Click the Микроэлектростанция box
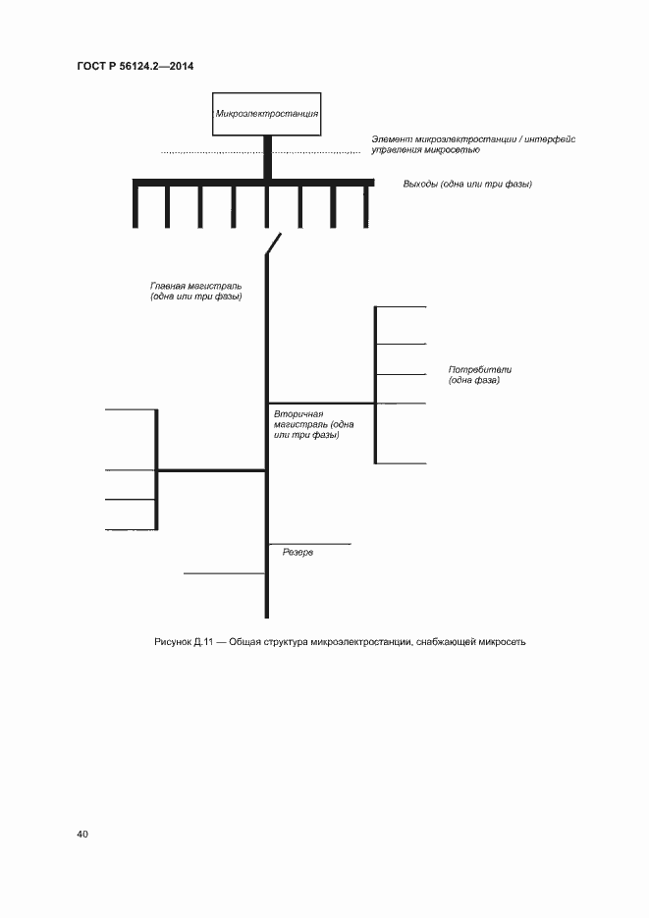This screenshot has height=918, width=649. pos(267,114)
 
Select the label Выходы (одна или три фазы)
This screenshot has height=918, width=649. pos(467,184)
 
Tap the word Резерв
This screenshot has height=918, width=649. pos(297,553)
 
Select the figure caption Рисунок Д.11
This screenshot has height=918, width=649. pos(181,642)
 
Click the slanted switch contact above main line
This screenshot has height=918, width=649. pos(274,244)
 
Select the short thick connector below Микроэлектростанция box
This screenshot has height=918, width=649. pos(267,157)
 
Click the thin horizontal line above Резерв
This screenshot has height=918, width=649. pos(310,543)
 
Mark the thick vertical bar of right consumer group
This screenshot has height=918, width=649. pos(375,385)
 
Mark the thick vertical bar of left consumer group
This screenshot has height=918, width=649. pos(157,468)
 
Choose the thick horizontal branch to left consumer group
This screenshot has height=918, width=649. pos(212,471)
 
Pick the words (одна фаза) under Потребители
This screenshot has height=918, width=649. pos(474,380)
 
